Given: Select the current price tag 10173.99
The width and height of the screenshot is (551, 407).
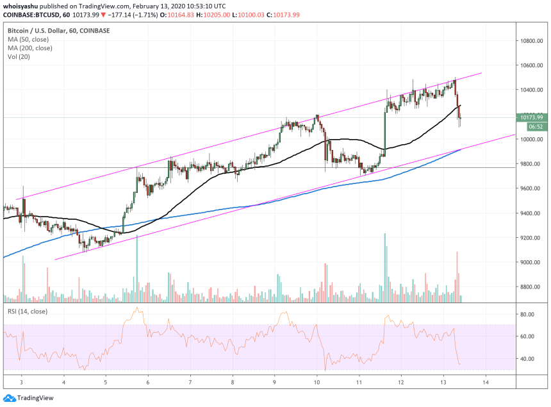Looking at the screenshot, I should point(531,117).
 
